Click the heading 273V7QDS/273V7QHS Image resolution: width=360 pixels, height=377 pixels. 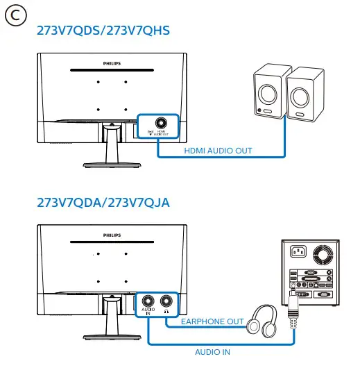pyautogui.click(x=103, y=32)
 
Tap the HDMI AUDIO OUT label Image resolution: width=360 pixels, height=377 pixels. pyautogui.click(x=218, y=150)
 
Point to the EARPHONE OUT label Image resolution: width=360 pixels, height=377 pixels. pyautogui.click(x=212, y=321)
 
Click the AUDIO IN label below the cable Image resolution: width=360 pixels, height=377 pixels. pyautogui.click(x=212, y=352)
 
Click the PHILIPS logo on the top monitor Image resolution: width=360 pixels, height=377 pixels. pyautogui.click(x=112, y=62)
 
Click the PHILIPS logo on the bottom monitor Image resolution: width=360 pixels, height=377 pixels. pyautogui.click(x=112, y=235)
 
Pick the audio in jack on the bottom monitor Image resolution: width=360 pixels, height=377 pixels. pyautogui.click(x=148, y=301)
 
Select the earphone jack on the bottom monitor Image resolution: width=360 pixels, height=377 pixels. pyautogui.click(x=166, y=301)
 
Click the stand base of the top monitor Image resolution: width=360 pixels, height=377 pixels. pyautogui.click(x=111, y=164)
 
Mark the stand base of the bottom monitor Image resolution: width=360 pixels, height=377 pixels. pyautogui.click(x=111, y=336)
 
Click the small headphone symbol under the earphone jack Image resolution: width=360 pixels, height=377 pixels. pyautogui.click(x=166, y=312)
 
